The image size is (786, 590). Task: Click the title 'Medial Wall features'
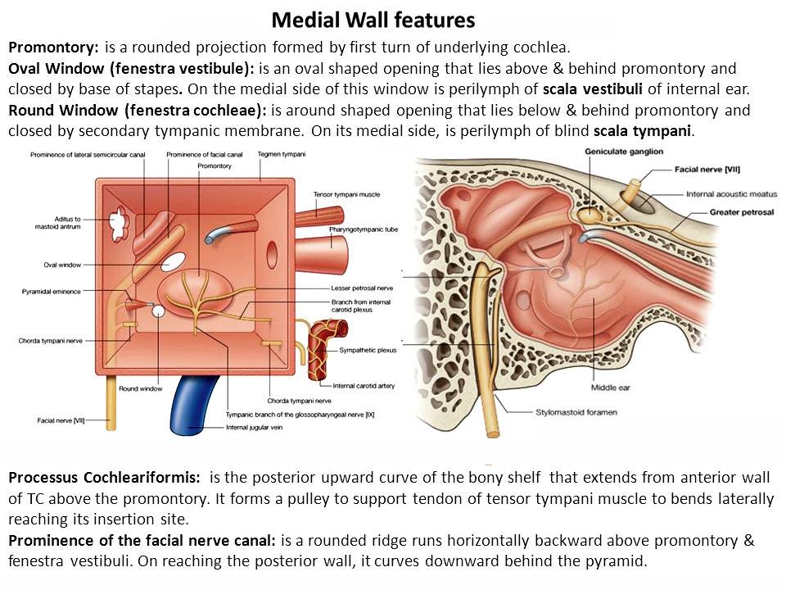click(x=373, y=20)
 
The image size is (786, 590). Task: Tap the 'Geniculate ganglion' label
click(x=624, y=152)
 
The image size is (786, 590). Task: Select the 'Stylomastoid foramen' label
click(x=576, y=412)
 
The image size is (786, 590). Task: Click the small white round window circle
click(x=158, y=311)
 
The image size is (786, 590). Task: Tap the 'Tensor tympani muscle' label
click(x=346, y=194)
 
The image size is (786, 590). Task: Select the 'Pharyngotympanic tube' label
click(x=364, y=229)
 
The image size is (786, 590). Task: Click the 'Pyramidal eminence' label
click(x=51, y=292)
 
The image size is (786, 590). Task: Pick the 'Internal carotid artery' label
click(x=364, y=386)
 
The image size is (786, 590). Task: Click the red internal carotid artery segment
click(x=326, y=352)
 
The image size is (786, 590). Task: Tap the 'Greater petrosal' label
click(x=742, y=212)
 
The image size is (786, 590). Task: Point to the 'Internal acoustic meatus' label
click(x=731, y=194)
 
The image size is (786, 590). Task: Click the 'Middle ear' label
click(x=610, y=388)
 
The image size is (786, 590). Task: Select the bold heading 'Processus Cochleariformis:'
click(x=104, y=478)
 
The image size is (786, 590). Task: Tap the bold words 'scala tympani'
click(x=642, y=131)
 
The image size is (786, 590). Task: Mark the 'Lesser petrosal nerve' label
click(x=362, y=288)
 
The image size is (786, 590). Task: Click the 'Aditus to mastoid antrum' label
click(x=57, y=223)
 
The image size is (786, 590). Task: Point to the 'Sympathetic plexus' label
click(x=368, y=350)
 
